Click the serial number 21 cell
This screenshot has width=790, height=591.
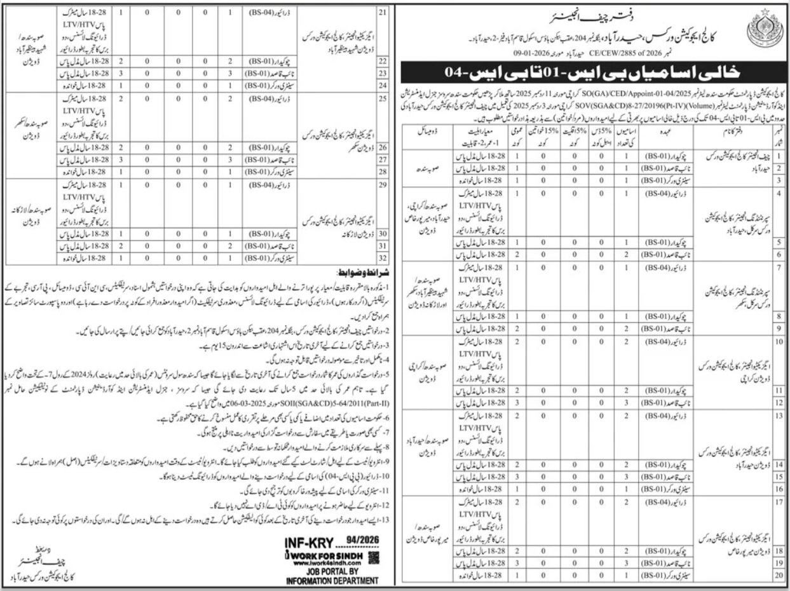(383, 11)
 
